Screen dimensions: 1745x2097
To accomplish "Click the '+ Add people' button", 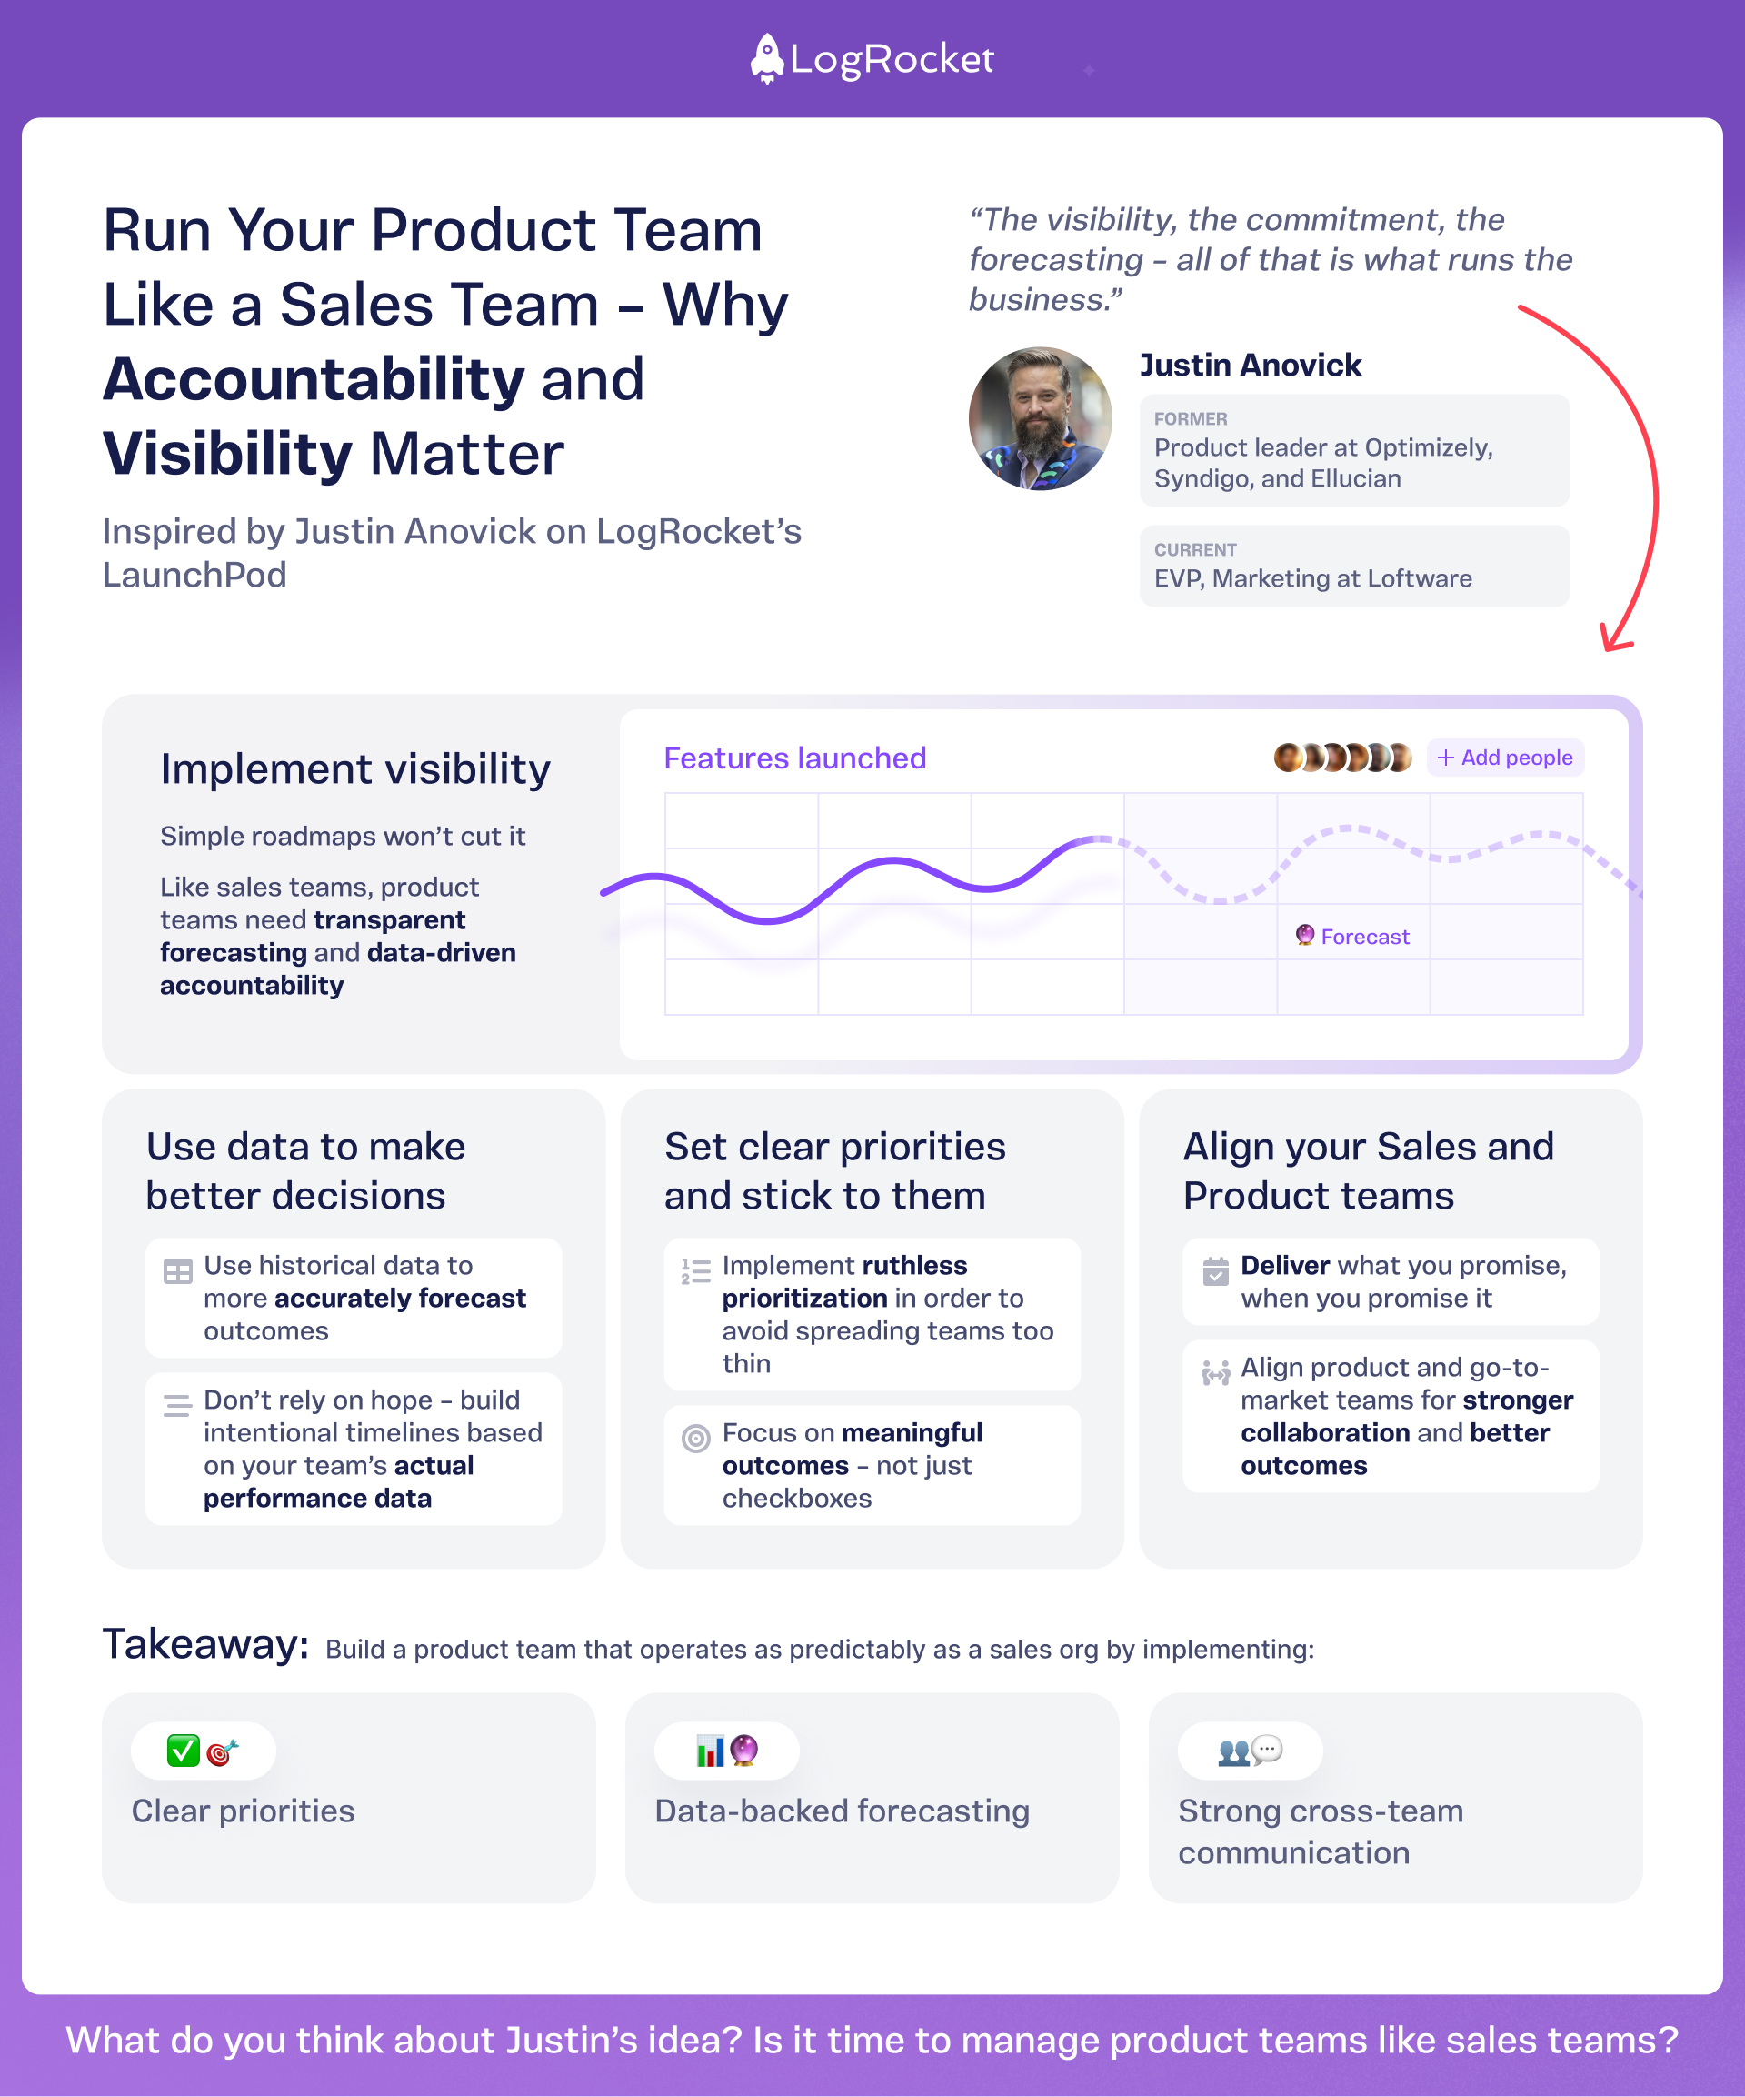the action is [x=1504, y=758].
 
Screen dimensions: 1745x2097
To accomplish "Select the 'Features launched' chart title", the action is [x=794, y=758].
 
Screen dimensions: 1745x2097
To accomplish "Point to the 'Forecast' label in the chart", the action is [x=1363, y=937].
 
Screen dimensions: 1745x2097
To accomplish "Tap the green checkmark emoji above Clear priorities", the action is [x=183, y=1751].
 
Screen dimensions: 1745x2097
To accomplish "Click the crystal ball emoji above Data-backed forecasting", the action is [x=743, y=1751].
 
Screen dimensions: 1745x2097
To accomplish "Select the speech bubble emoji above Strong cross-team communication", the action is [x=1267, y=1749].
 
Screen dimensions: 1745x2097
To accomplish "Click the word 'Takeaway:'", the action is [x=205, y=1645].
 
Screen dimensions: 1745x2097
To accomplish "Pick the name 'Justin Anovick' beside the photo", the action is [x=1250, y=366].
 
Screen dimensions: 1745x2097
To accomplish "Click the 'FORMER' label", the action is [x=1190, y=419].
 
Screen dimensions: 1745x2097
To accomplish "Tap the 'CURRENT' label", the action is [x=1195, y=550].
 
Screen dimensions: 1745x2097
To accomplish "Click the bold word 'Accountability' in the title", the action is [x=314, y=380].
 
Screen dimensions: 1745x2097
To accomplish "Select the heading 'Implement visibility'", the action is [x=355, y=770].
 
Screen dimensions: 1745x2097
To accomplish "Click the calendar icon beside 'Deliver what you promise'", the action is [x=1215, y=1271].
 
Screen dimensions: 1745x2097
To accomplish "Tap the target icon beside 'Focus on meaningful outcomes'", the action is [x=696, y=1438].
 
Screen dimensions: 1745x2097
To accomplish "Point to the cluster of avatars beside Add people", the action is [x=1341, y=758].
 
